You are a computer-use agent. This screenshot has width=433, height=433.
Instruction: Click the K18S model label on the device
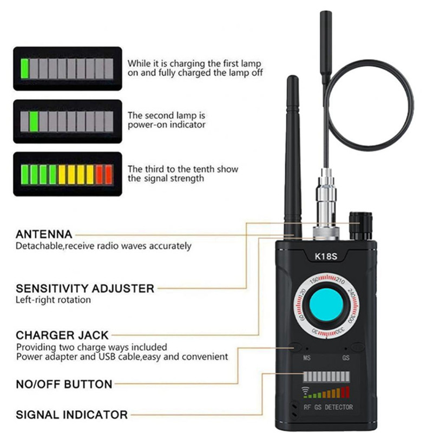pos(326,257)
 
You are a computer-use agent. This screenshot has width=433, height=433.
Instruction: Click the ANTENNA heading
pos(44,234)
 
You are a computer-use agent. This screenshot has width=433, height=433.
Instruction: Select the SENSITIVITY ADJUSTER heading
pos(85,288)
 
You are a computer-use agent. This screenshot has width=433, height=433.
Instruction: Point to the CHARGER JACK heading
pos(62,335)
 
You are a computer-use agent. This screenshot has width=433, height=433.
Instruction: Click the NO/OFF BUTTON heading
pos(64,384)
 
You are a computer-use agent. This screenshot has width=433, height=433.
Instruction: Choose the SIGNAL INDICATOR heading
pos(72,415)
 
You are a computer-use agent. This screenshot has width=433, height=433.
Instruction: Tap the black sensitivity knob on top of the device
pos(361,226)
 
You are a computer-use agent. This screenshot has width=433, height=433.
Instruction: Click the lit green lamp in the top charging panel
pos(24,69)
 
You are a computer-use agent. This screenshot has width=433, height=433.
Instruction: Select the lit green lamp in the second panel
pos(34,121)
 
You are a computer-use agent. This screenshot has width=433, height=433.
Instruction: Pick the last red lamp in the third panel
pos(109,174)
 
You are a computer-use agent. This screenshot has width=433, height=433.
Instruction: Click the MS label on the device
pos(307,358)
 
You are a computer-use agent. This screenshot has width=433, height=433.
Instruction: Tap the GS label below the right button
pos(346,358)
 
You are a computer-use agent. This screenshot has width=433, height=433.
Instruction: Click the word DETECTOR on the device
pos(339,407)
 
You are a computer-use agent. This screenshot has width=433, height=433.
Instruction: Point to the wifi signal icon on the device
pos(305,390)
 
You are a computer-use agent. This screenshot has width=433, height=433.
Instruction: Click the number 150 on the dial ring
pos(314,280)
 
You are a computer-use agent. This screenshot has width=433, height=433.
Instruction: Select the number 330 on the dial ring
pos(340,330)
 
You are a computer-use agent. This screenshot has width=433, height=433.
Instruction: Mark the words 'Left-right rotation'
pos(53,300)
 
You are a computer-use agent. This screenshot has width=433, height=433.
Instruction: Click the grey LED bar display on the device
pos(326,377)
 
